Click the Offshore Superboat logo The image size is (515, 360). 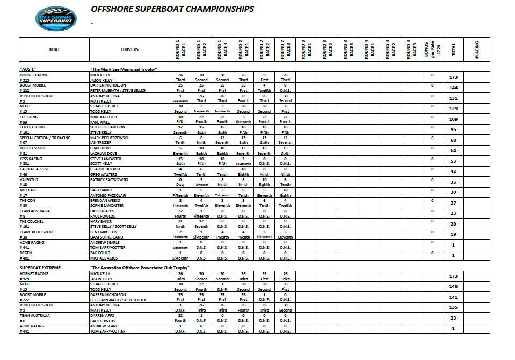point(55,19)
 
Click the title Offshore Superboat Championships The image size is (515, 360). point(172,9)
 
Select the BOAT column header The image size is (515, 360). point(54,49)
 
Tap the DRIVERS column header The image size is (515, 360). point(129,49)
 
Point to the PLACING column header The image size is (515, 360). point(477,49)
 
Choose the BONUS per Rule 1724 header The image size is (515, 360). point(432,49)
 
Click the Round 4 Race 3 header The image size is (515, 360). point(411,49)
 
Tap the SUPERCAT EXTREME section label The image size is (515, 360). point(40,267)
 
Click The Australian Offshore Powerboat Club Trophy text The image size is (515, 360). point(140,267)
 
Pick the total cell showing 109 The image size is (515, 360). point(453,119)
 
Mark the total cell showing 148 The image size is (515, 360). point(453,286)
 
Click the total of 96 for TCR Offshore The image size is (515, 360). point(453,129)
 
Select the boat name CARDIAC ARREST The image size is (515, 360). point(35,169)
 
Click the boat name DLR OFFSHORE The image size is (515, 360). point(33,148)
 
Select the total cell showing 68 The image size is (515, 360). point(453,140)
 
